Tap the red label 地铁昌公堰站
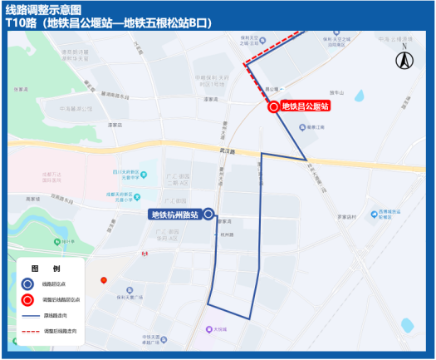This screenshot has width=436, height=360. click(x=306, y=106)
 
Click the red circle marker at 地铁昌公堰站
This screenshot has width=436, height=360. click(x=273, y=106)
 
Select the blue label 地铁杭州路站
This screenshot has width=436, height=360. click(x=174, y=215)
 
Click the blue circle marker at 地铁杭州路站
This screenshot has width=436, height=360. click(x=208, y=215)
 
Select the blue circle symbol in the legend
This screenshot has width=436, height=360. click(x=28, y=284)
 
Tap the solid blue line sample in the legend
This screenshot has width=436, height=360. click(x=31, y=316)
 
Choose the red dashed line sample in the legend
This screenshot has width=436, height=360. click(x=31, y=331)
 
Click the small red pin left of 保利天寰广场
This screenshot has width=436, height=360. click(x=104, y=281)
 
